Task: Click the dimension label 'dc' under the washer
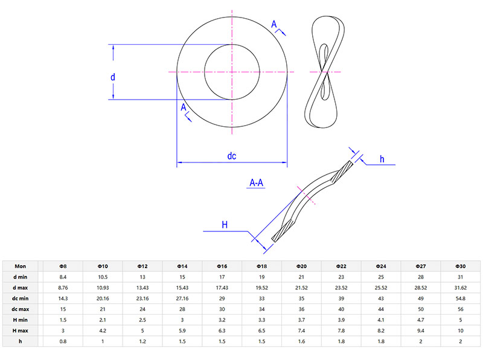point(231,156)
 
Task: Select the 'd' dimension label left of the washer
point(112,77)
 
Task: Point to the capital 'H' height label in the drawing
point(225,225)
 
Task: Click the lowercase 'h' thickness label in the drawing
point(382,159)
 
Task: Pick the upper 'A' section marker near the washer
point(274,24)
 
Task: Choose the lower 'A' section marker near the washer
point(184,108)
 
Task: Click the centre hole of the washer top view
point(232,72)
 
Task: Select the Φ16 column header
point(222,266)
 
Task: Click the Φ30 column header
point(461,266)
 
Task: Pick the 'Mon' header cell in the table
point(21,266)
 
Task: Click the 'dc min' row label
point(21,298)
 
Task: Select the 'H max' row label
point(21,331)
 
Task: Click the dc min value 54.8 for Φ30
point(461,298)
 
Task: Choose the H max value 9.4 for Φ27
point(421,331)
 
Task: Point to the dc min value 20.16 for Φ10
point(102,298)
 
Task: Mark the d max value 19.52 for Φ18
point(261,288)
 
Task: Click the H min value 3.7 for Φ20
point(301,320)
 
